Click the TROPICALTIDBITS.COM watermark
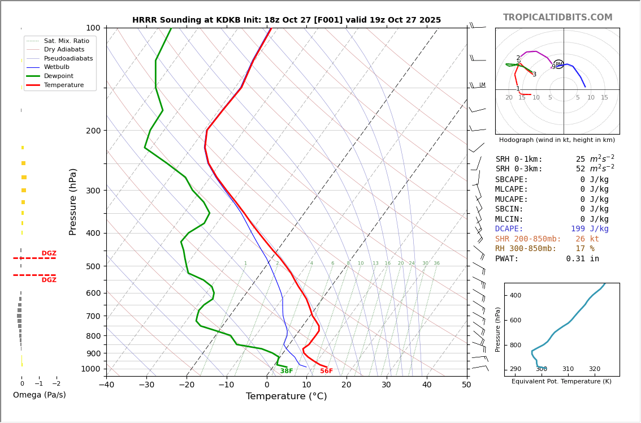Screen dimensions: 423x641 [x=557, y=18]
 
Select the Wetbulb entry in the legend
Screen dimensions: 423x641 [x=56, y=67]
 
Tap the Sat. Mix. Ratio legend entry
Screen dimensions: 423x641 [x=66, y=41]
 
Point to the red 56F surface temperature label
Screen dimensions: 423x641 [x=326, y=371]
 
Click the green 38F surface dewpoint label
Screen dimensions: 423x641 [x=287, y=371]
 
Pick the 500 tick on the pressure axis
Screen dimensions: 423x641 [x=93, y=266]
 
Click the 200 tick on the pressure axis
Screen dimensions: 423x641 [x=93, y=131]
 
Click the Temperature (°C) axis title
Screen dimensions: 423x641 [x=286, y=396]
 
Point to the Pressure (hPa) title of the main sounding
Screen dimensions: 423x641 [x=73, y=201]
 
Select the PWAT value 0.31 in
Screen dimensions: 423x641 [x=582, y=259]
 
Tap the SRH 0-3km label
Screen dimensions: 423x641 [x=519, y=169]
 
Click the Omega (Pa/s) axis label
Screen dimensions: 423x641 [x=40, y=395]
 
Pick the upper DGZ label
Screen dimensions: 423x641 [x=49, y=253]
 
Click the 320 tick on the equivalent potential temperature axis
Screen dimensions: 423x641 [x=594, y=369]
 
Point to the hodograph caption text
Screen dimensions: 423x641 [x=557, y=140]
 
